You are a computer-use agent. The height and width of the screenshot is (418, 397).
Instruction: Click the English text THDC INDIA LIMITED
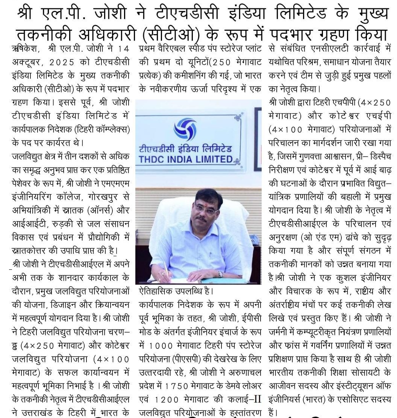coord(186,159)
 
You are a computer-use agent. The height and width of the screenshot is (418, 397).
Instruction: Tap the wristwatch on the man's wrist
coord(220,274)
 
